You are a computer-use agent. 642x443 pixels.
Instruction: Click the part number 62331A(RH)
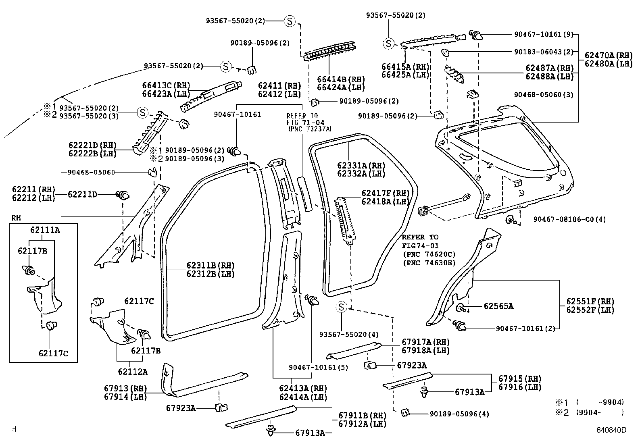coord(361,166)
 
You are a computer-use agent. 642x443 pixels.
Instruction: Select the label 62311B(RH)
coord(211,265)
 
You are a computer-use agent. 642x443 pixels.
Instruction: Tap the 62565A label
coord(499,306)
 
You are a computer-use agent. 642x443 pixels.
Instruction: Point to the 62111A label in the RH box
coord(45,230)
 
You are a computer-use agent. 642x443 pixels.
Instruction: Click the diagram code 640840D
coord(612,430)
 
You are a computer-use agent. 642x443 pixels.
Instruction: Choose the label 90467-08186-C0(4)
coord(569,220)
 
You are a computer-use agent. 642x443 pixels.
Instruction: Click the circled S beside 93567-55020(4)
coord(341,307)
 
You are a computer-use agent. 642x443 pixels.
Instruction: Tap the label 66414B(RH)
coord(341,79)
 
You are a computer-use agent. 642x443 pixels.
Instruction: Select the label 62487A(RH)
coord(550,68)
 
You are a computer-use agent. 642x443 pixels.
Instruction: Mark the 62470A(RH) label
coord(609,55)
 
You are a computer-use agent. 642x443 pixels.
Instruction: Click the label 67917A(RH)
coord(425,342)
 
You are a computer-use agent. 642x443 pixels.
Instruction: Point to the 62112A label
coord(133,372)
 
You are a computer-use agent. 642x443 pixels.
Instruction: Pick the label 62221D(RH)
coord(93,145)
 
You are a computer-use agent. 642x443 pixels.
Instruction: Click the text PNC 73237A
coord(310,129)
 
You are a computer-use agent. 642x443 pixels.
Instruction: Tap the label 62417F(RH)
coord(386,193)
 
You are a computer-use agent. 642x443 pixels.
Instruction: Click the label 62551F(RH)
coord(590,302)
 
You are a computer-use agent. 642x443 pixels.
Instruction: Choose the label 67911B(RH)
coord(363,415)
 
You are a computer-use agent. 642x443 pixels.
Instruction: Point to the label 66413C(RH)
coord(166,85)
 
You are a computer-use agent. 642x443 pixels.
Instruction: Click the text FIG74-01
coord(420,245)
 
